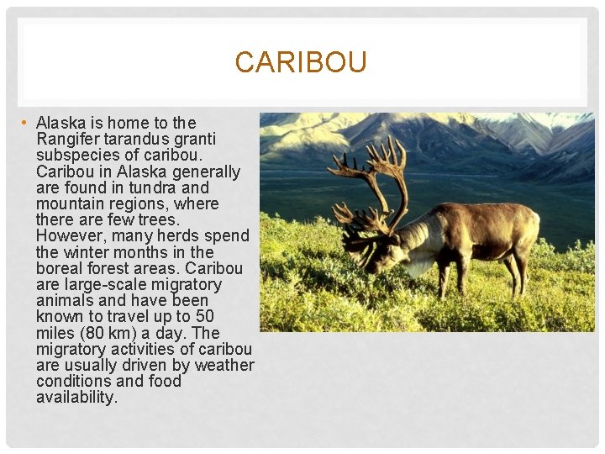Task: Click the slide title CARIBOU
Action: (x=301, y=63)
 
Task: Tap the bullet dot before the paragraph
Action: (x=25, y=124)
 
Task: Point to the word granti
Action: (x=197, y=139)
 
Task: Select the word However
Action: (x=71, y=235)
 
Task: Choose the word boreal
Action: (x=61, y=268)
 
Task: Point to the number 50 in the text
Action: (x=204, y=316)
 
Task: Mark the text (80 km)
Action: (x=110, y=332)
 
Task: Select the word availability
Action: (x=76, y=397)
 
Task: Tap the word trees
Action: (x=155, y=219)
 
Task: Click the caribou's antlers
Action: (x=370, y=181)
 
